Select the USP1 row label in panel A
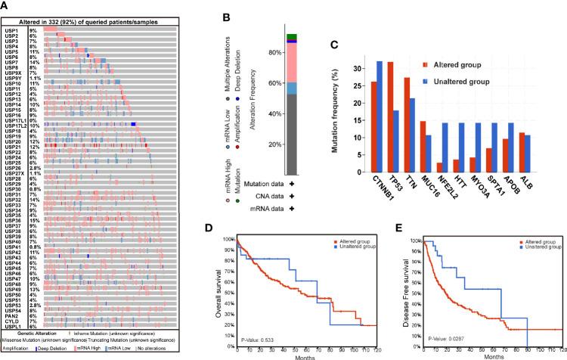(x=11, y=30)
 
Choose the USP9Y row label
(x=13, y=78)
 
